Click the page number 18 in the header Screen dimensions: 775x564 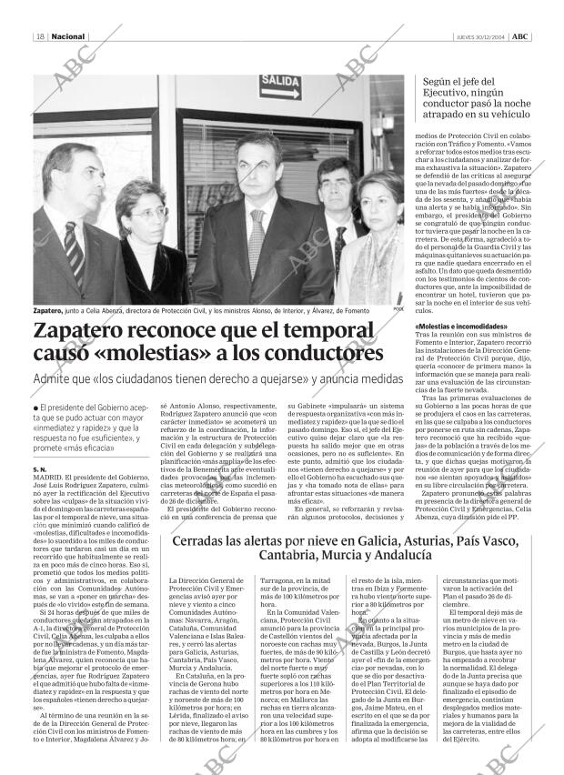[x=40, y=37]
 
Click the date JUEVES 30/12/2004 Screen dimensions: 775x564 [x=479, y=37]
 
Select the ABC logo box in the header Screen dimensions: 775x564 [x=519, y=37]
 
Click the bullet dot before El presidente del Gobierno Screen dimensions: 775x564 [x=35, y=406]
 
